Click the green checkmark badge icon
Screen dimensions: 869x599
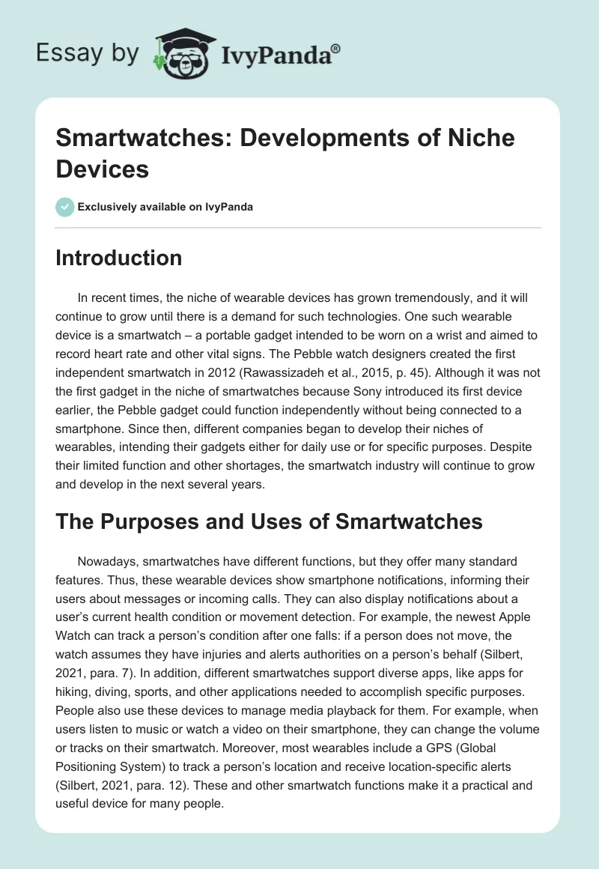(x=65, y=207)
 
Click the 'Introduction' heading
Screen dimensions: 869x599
(x=119, y=258)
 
